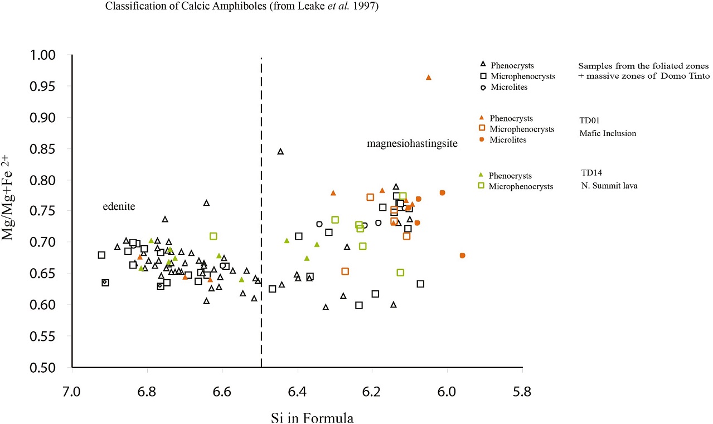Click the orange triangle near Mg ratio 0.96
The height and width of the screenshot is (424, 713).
428,78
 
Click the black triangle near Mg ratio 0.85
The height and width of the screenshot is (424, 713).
280,152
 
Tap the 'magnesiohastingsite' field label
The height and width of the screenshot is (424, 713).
412,144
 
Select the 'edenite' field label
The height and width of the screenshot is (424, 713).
119,207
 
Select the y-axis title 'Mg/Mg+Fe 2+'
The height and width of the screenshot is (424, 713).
12,206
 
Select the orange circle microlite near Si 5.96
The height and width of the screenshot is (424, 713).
462,256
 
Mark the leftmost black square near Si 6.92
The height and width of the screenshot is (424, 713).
101,255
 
